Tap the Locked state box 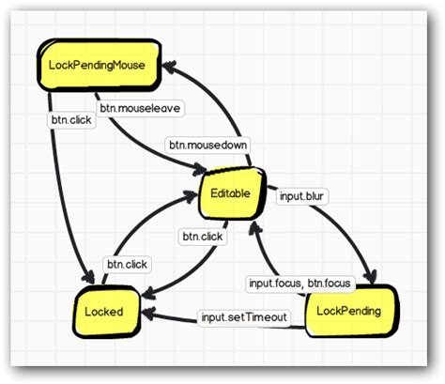coord(106,311)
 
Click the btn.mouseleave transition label coord(141,108)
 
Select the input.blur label coord(303,196)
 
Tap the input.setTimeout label coord(242,316)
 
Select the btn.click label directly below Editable coord(202,237)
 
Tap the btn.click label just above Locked coord(127,265)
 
